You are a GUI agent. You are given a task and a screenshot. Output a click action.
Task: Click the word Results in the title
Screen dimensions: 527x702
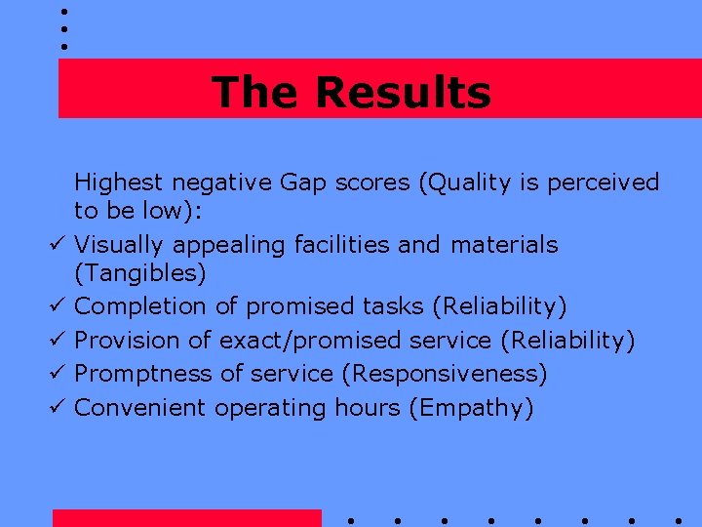click(x=403, y=93)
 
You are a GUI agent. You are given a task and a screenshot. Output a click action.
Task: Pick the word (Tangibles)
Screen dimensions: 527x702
click(x=139, y=274)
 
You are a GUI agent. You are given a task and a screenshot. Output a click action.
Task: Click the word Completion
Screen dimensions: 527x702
click(x=140, y=307)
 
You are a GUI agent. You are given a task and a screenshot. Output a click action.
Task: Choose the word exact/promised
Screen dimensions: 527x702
click(x=311, y=341)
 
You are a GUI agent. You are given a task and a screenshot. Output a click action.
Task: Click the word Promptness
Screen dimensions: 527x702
click(x=141, y=374)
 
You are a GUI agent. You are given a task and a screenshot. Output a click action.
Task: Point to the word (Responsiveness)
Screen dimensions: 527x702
click(x=448, y=374)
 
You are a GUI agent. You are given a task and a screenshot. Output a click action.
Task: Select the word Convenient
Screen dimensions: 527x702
click(x=140, y=407)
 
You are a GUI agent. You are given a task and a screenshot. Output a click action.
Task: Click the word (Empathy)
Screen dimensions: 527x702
click(x=471, y=407)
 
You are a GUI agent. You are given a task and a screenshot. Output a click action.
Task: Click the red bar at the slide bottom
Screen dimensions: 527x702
click(x=186, y=518)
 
